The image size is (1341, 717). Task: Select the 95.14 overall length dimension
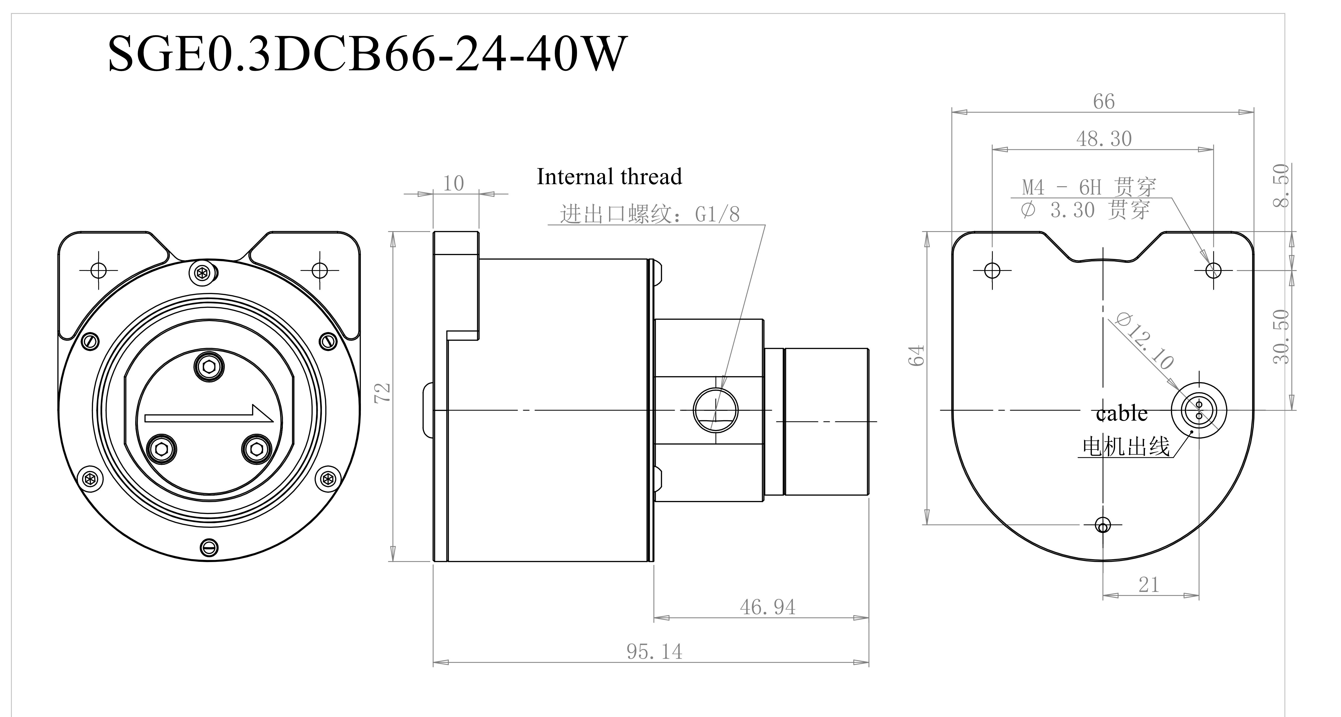(654, 651)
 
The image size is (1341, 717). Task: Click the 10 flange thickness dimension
(453, 183)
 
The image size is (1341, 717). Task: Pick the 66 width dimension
(1104, 102)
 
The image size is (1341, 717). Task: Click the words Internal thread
(609, 177)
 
